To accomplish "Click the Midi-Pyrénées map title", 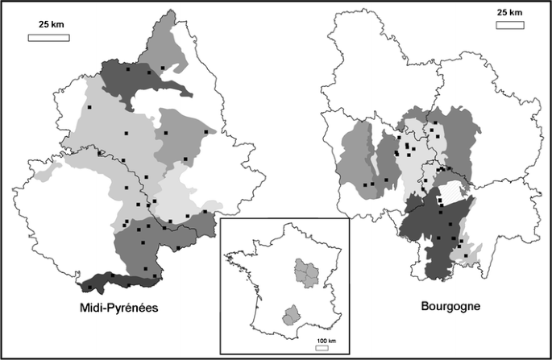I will click(x=118, y=308).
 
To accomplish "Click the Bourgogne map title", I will click(x=450, y=307).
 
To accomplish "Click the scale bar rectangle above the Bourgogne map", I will click(x=508, y=25).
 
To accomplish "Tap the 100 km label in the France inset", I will click(x=326, y=341).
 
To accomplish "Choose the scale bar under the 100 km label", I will click(x=322, y=348).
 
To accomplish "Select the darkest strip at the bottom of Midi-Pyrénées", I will click(x=121, y=281).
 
